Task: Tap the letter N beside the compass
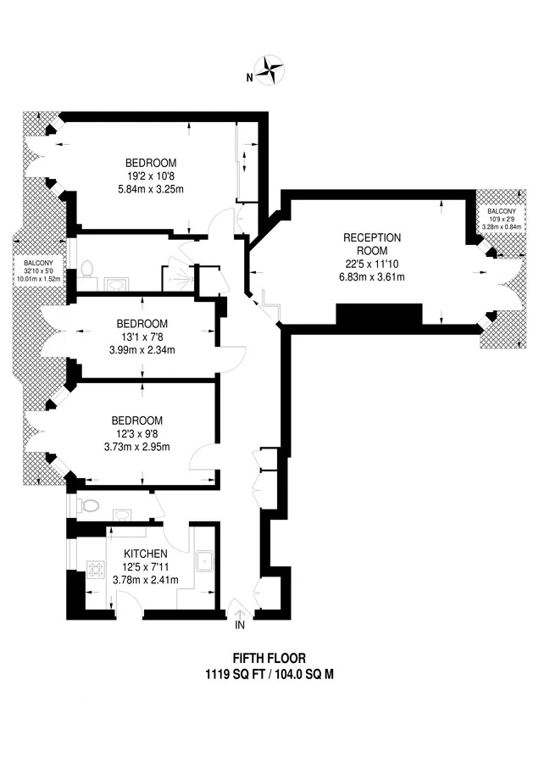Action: tap(249, 77)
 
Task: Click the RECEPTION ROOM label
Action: tap(372, 244)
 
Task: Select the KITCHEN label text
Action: tap(146, 554)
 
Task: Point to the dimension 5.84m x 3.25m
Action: tap(151, 189)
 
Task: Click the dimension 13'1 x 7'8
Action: tap(142, 337)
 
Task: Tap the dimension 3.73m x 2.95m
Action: tap(137, 447)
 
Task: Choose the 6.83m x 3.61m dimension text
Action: tap(372, 277)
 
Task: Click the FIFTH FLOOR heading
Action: tap(269, 659)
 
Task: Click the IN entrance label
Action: tap(239, 626)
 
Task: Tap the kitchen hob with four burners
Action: tap(96, 570)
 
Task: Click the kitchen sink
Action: tap(206, 561)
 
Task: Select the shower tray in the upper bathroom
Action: tap(178, 278)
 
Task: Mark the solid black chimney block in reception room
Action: tap(379, 315)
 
